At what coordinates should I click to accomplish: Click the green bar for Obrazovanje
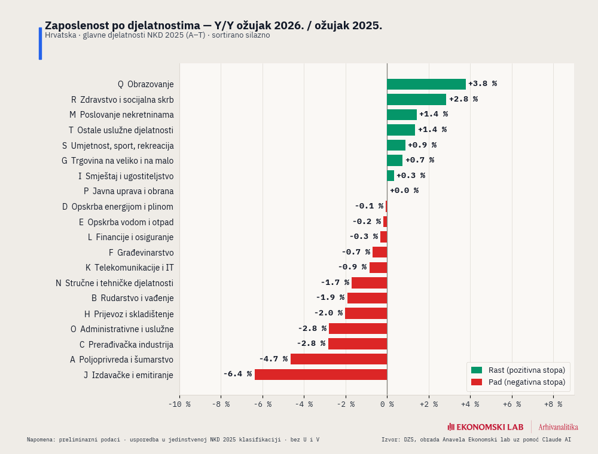(426, 84)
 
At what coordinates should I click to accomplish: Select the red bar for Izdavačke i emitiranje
(321, 375)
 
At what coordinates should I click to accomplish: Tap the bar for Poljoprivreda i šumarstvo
(338, 359)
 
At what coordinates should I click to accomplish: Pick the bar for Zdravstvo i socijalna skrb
(416, 99)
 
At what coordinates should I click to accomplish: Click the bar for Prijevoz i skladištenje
(366, 313)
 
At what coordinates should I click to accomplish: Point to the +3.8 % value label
(483, 84)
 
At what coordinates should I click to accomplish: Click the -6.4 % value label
(237, 374)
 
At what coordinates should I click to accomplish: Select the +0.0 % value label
(404, 191)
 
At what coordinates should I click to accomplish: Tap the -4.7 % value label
(273, 359)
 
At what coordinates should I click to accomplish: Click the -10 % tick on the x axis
(179, 404)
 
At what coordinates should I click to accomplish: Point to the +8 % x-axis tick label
(553, 404)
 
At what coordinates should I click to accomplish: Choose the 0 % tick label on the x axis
(387, 404)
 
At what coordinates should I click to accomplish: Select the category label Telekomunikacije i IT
(130, 268)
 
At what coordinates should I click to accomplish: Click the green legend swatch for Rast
(477, 370)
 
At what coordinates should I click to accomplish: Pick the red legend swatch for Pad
(477, 382)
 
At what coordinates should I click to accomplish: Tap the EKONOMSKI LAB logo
(486, 427)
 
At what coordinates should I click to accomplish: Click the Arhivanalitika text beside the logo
(558, 427)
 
